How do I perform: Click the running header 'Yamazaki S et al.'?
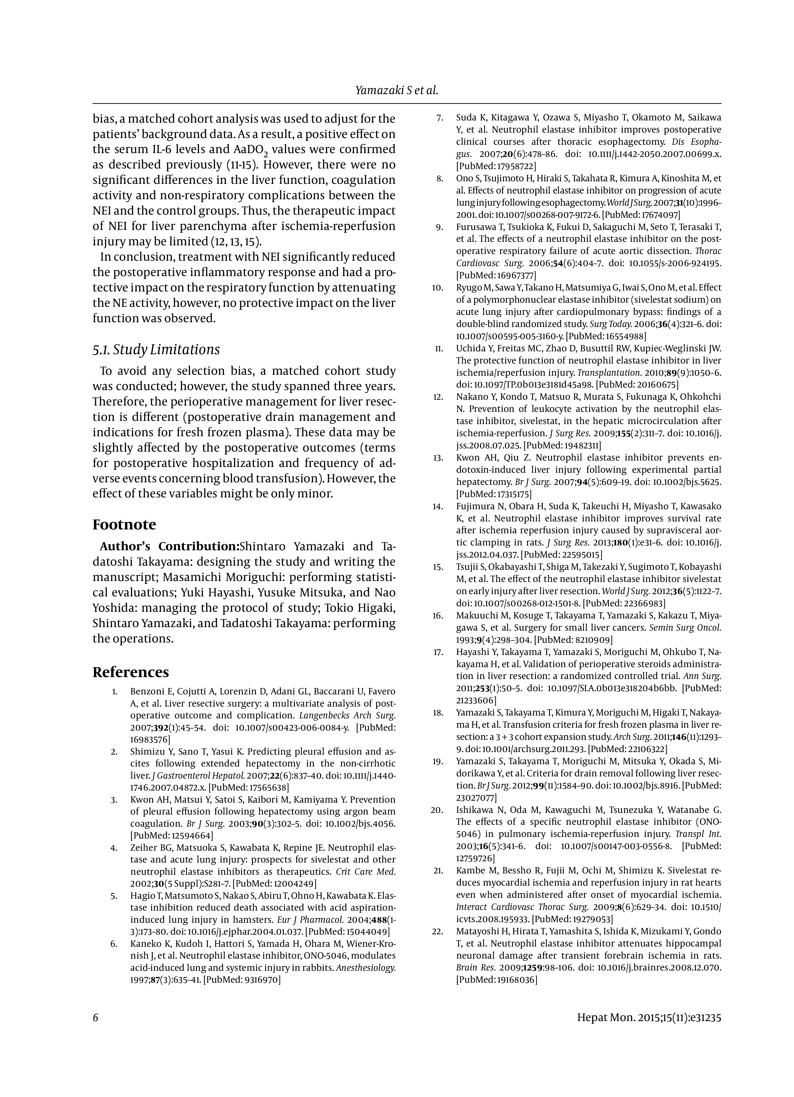[396, 90]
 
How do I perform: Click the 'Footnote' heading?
[124, 524]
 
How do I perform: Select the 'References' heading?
[131, 672]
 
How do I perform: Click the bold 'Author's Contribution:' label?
[170, 546]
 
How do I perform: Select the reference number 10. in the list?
[438, 288]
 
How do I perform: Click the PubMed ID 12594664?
[192, 835]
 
